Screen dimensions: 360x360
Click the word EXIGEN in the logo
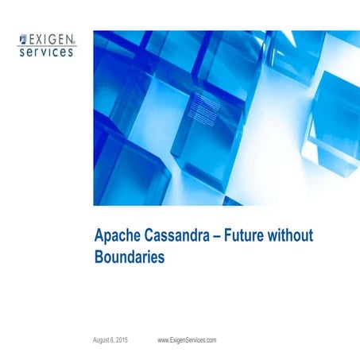coord(51,37)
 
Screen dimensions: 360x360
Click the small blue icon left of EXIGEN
coord(22,38)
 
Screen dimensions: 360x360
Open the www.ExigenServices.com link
coord(187,340)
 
